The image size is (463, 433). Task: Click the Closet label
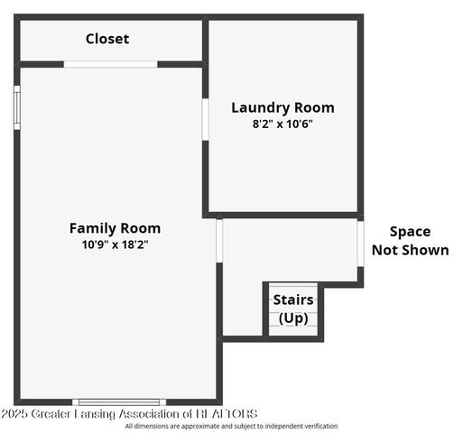(107, 39)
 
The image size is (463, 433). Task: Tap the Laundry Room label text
(282, 107)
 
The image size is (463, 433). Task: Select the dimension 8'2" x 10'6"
(282, 124)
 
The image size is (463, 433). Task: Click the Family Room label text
(115, 228)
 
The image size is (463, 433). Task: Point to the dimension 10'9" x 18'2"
(115, 244)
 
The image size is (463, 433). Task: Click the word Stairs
(293, 299)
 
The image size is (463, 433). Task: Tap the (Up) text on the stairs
(293, 318)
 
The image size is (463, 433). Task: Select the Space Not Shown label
(410, 241)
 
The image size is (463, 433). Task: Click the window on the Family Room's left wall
(16, 107)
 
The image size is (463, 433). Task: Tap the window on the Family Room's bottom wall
(119, 401)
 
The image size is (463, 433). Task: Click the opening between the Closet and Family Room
(110, 64)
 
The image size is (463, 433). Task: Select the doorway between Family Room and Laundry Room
(206, 118)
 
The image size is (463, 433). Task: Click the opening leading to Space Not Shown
(360, 243)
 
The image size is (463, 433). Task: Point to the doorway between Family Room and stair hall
(218, 240)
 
